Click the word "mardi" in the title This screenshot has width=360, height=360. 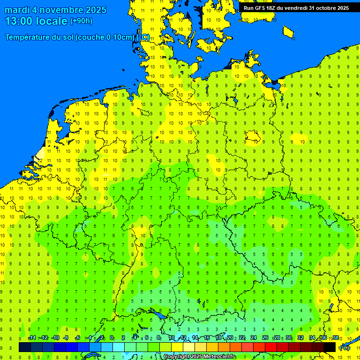tap(16, 10)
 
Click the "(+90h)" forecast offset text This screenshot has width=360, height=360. tap(81, 21)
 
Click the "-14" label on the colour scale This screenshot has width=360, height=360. tap(32, 338)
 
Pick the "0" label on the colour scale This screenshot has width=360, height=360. tap(112, 338)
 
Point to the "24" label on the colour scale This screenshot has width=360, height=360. tap(254, 338)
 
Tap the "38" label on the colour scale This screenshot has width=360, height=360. tap(336, 338)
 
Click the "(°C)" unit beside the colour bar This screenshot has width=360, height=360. tap(345, 348)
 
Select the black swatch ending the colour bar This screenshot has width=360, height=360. tap(330, 347)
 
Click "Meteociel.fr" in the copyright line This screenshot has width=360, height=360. tap(219, 357)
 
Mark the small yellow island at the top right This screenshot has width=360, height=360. tap(288, 32)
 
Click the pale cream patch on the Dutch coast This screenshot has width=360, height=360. tap(42, 153)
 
